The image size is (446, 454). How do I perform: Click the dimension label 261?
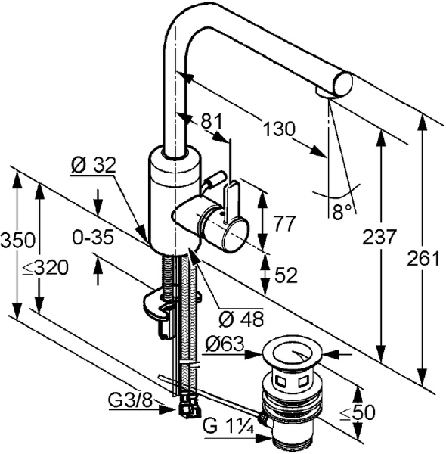pyautogui.click(x=423, y=258)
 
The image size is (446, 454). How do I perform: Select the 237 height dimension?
pyautogui.click(x=379, y=236)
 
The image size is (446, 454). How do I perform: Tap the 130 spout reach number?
pyautogui.click(x=279, y=129)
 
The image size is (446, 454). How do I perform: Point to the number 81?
pyautogui.click(x=212, y=121)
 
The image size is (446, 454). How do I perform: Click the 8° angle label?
pyautogui.click(x=342, y=212)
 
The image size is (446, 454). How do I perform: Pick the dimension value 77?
pyautogui.click(x=284, y=223)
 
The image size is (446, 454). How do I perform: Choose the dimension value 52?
pyautogui.click(x=286, y=275)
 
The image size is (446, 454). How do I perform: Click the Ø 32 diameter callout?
pyautogui.click(x=93, y=165)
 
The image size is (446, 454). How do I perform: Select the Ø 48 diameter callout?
pyautogui.click(x=241, y=319)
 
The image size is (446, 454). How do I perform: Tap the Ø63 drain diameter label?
pyautogui.click(x=225, y=344)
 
